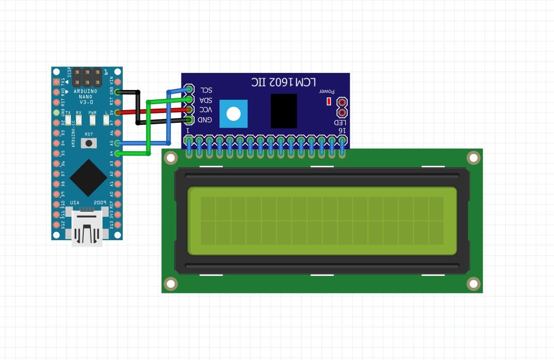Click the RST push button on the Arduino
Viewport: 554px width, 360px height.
pos(89,142)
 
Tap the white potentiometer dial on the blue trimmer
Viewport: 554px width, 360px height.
pos(234,114)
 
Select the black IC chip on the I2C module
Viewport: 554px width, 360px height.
pos(284,111)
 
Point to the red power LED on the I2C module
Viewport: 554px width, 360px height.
pos(329,101)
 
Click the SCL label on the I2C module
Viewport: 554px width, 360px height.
pos(206,90)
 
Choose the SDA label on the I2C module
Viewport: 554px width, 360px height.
pos(206,100)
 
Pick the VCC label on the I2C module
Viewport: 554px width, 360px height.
pos(205,110)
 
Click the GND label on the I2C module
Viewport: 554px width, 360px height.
pos(205,119)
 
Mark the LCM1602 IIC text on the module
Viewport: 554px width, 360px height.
pos(284,82)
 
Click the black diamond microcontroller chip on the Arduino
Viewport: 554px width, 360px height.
pos(88,178)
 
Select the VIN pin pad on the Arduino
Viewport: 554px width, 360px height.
pos(117,81)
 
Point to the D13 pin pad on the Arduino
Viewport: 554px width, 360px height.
pos(117,225)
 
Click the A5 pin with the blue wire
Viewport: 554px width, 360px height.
pos(117,143)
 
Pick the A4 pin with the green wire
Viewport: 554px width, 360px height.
pos(117,154)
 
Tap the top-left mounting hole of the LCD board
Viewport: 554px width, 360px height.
pos(171,157)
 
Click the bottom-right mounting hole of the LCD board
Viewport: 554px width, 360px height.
pos(473,284)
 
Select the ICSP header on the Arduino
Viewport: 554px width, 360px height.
pos(87,76)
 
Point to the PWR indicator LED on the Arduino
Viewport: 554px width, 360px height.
pos(92,118)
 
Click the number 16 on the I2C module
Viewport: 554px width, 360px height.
pos(342,131)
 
